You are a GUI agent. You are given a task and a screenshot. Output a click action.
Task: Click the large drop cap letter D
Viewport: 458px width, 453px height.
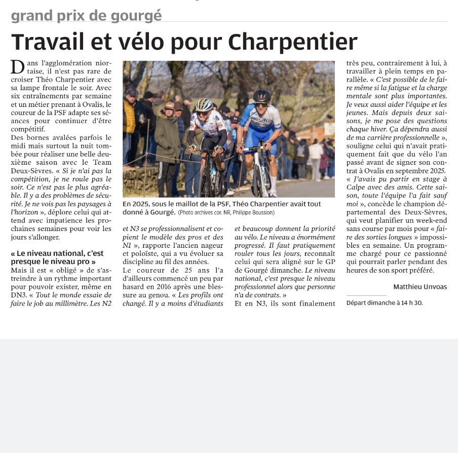18,66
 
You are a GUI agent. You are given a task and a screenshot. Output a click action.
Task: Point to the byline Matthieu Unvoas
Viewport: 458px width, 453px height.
420,287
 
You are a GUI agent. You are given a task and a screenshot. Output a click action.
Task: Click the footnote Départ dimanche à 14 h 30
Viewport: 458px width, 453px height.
385,303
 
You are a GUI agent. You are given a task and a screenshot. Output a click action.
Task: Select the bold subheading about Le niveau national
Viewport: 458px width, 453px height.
57,257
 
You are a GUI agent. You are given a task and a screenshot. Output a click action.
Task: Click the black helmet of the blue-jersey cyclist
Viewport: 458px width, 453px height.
262,95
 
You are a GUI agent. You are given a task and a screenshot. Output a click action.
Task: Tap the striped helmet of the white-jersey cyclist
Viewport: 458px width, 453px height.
204,104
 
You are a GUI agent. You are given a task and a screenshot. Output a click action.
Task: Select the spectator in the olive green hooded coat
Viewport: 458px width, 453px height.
167,139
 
